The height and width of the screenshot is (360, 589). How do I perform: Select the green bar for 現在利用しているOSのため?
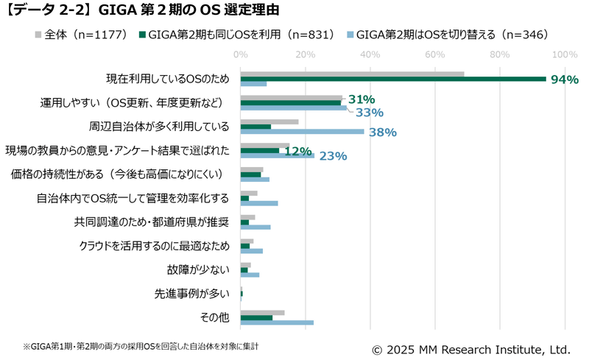393,79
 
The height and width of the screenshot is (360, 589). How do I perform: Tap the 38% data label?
382,133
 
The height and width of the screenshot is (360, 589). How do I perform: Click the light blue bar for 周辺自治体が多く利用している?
302,132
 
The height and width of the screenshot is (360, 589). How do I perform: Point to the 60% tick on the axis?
435,54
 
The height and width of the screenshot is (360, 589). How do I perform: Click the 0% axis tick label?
241,54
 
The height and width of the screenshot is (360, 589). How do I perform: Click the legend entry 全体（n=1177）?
81,35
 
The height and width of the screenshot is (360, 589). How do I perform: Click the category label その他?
214,317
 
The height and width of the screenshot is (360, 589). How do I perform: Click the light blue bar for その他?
277,322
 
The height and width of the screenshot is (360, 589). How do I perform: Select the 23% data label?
333,156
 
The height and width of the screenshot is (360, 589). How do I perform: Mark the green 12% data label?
298,150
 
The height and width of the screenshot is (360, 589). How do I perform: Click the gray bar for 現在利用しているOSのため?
352,74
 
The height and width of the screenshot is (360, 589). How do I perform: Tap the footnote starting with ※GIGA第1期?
141,345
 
